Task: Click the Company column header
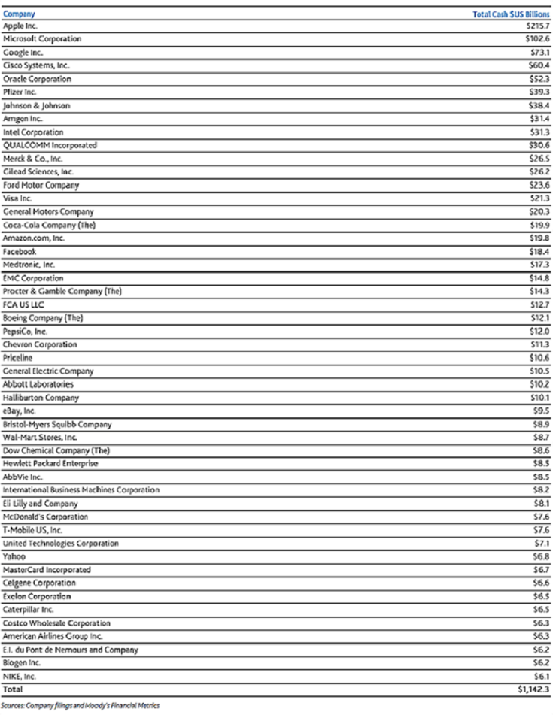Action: (14, 14)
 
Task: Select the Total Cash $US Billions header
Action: (507, 14)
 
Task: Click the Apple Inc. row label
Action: (20, 26)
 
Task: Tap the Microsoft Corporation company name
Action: (42, 39)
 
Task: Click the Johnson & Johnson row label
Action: (36, 105)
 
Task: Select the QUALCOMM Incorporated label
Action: (50, 145)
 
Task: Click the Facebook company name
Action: (20, 251)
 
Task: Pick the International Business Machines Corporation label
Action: (81, 490)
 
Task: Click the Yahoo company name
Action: (14, 556)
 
